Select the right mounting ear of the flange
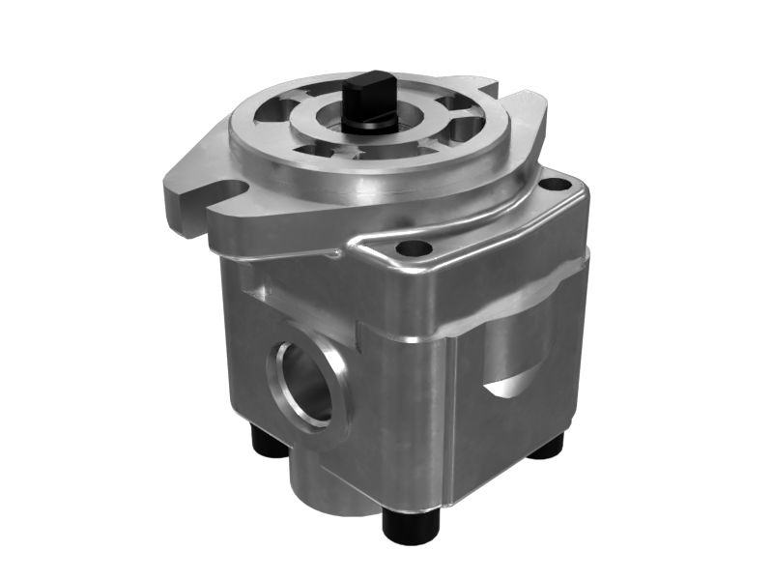coord(527,121)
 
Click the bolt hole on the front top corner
coord(415,248)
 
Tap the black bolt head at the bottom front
coord(412,524)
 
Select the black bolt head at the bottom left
coord(269,443)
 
